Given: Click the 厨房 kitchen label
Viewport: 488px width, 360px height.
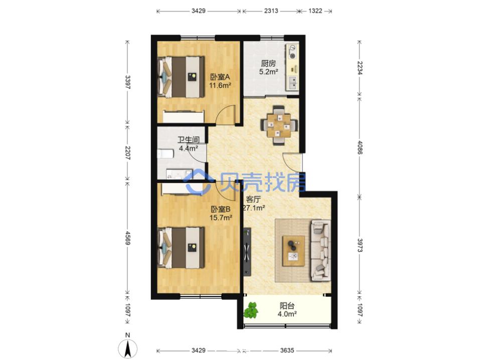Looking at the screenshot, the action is click(268, 64).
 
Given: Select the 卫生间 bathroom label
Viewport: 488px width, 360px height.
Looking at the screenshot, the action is click(188, 140).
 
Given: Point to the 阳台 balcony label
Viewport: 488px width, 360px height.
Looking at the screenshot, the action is click(287, 306).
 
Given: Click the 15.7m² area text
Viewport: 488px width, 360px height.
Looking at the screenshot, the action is click(221, 218).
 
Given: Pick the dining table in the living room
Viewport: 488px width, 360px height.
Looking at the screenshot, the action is click(279, 125).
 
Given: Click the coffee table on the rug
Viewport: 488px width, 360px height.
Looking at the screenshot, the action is click(293, 251).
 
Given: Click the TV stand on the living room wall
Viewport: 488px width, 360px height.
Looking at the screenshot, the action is click(247, 252).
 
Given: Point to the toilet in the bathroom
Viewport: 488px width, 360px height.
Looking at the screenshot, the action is click(165, 154).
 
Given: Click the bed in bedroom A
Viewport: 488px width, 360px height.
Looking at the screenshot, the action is click(181, 77).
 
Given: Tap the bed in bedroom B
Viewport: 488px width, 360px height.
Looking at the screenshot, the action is click(181, 248).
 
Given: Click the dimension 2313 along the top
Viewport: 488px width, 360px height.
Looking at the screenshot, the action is click(271, 11).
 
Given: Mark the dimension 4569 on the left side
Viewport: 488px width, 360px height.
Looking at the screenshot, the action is click(127, 237).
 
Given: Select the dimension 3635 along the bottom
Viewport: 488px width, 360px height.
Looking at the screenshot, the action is click(287, 350).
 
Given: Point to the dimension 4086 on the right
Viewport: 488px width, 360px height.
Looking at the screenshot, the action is click(360, 148).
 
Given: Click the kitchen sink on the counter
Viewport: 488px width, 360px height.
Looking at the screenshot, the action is click(292, 83).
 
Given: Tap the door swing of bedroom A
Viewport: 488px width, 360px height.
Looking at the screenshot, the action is click(225, 115).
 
